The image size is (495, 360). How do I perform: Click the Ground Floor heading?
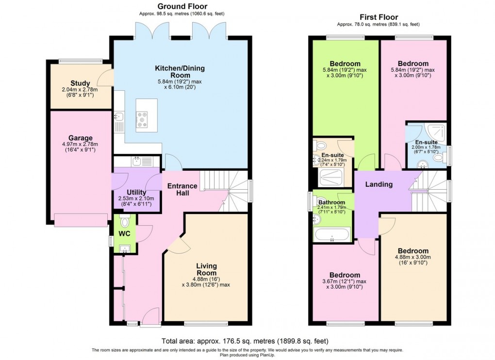(182, 6)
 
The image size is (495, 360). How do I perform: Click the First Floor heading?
(379, 17)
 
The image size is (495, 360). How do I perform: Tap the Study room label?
(80, 83)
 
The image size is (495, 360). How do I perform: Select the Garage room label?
(80, 138)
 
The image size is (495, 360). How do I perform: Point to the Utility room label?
(136, 192)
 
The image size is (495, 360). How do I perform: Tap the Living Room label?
(206, 269)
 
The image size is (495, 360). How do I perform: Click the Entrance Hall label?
(182, 189)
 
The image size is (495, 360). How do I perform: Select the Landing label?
(379, 184)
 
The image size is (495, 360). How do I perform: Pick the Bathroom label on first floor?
(331, 202)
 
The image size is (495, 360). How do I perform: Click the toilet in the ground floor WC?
(125, 222)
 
